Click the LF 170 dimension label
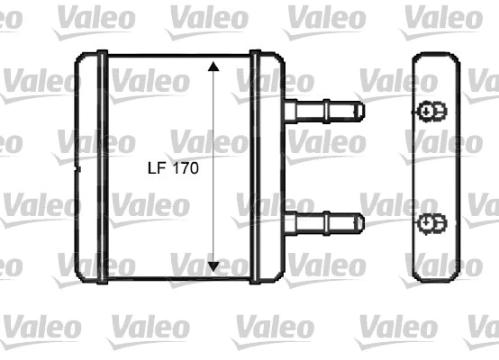point(171,167)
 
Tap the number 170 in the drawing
point(185,167)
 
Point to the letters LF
point(154,167)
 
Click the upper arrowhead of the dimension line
point(213,67)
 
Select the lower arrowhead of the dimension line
point(213,265)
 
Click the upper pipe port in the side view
point(431,112)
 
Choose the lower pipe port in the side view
point(431,221)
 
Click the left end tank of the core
point(92,166)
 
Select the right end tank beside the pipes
point(268,166)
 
